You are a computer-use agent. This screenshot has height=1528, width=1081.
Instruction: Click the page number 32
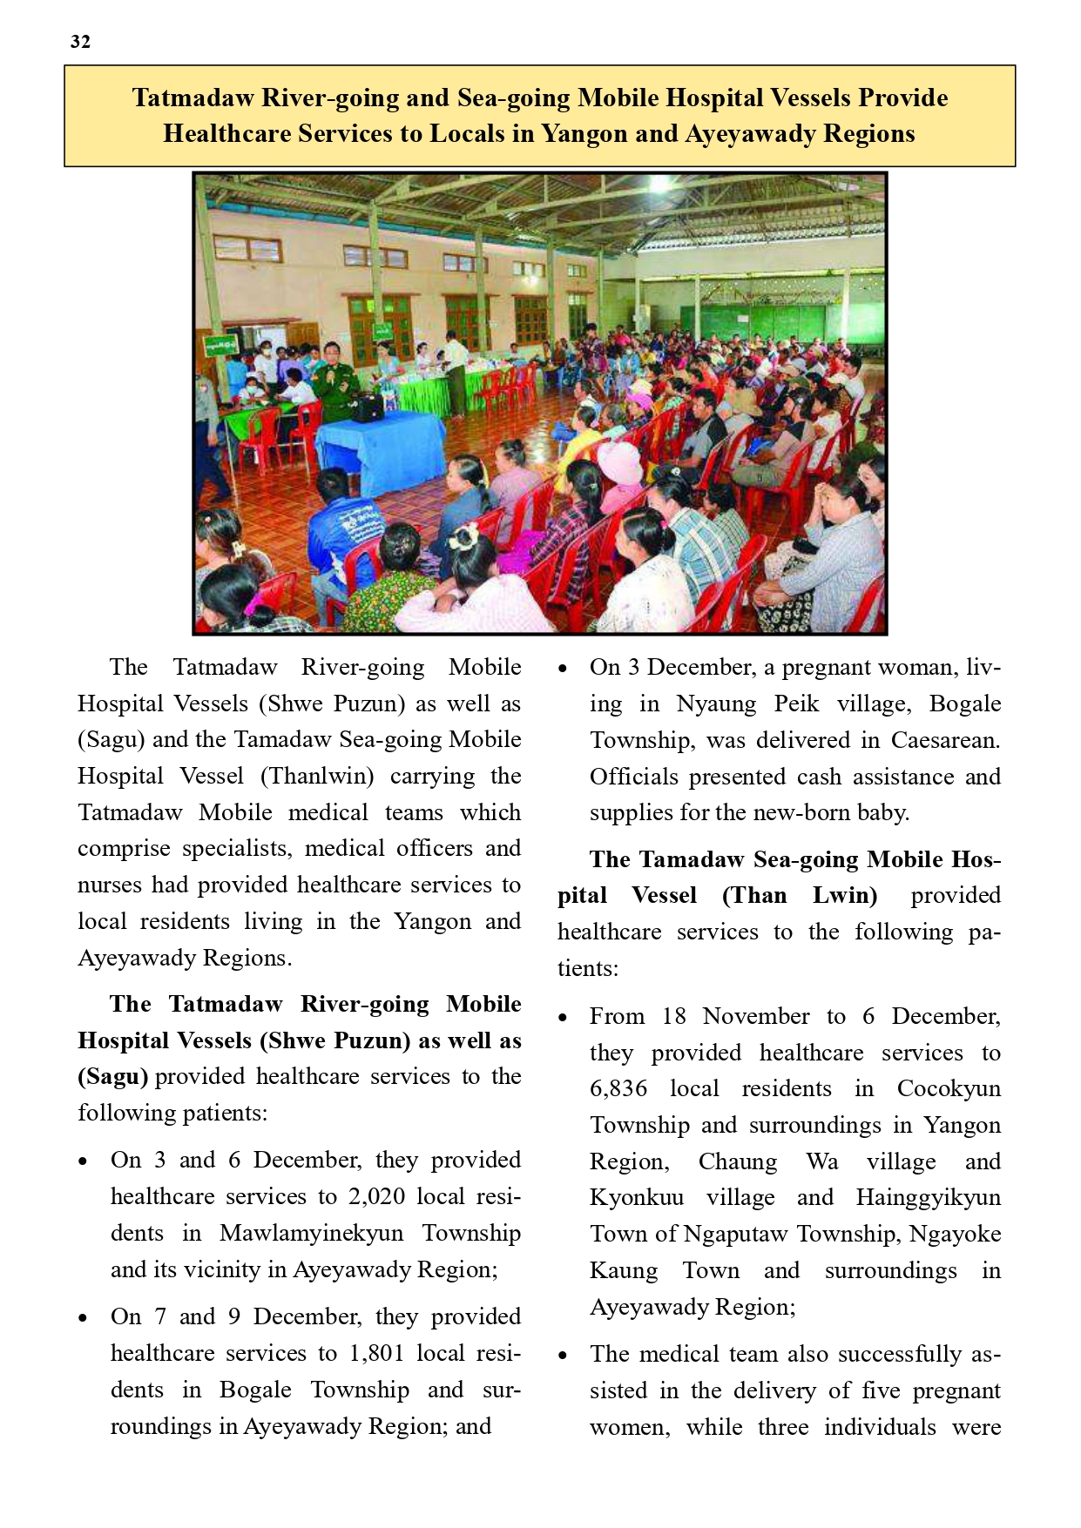point(80,42)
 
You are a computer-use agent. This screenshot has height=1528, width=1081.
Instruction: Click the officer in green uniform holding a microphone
point(334,383)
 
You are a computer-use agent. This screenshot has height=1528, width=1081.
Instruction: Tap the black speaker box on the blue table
point(368,407)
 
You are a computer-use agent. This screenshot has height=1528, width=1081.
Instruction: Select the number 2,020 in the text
point(377,1196)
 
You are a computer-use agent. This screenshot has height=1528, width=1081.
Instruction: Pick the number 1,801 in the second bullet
point(377,1353)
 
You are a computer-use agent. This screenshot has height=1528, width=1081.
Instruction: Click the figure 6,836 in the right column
point(618,1088)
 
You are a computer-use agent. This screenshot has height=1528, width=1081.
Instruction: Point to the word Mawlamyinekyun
point(311,1233)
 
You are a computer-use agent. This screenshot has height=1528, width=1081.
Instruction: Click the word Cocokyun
point(949,1088)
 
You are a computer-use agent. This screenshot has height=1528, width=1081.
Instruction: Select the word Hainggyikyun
point(929,1197)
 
